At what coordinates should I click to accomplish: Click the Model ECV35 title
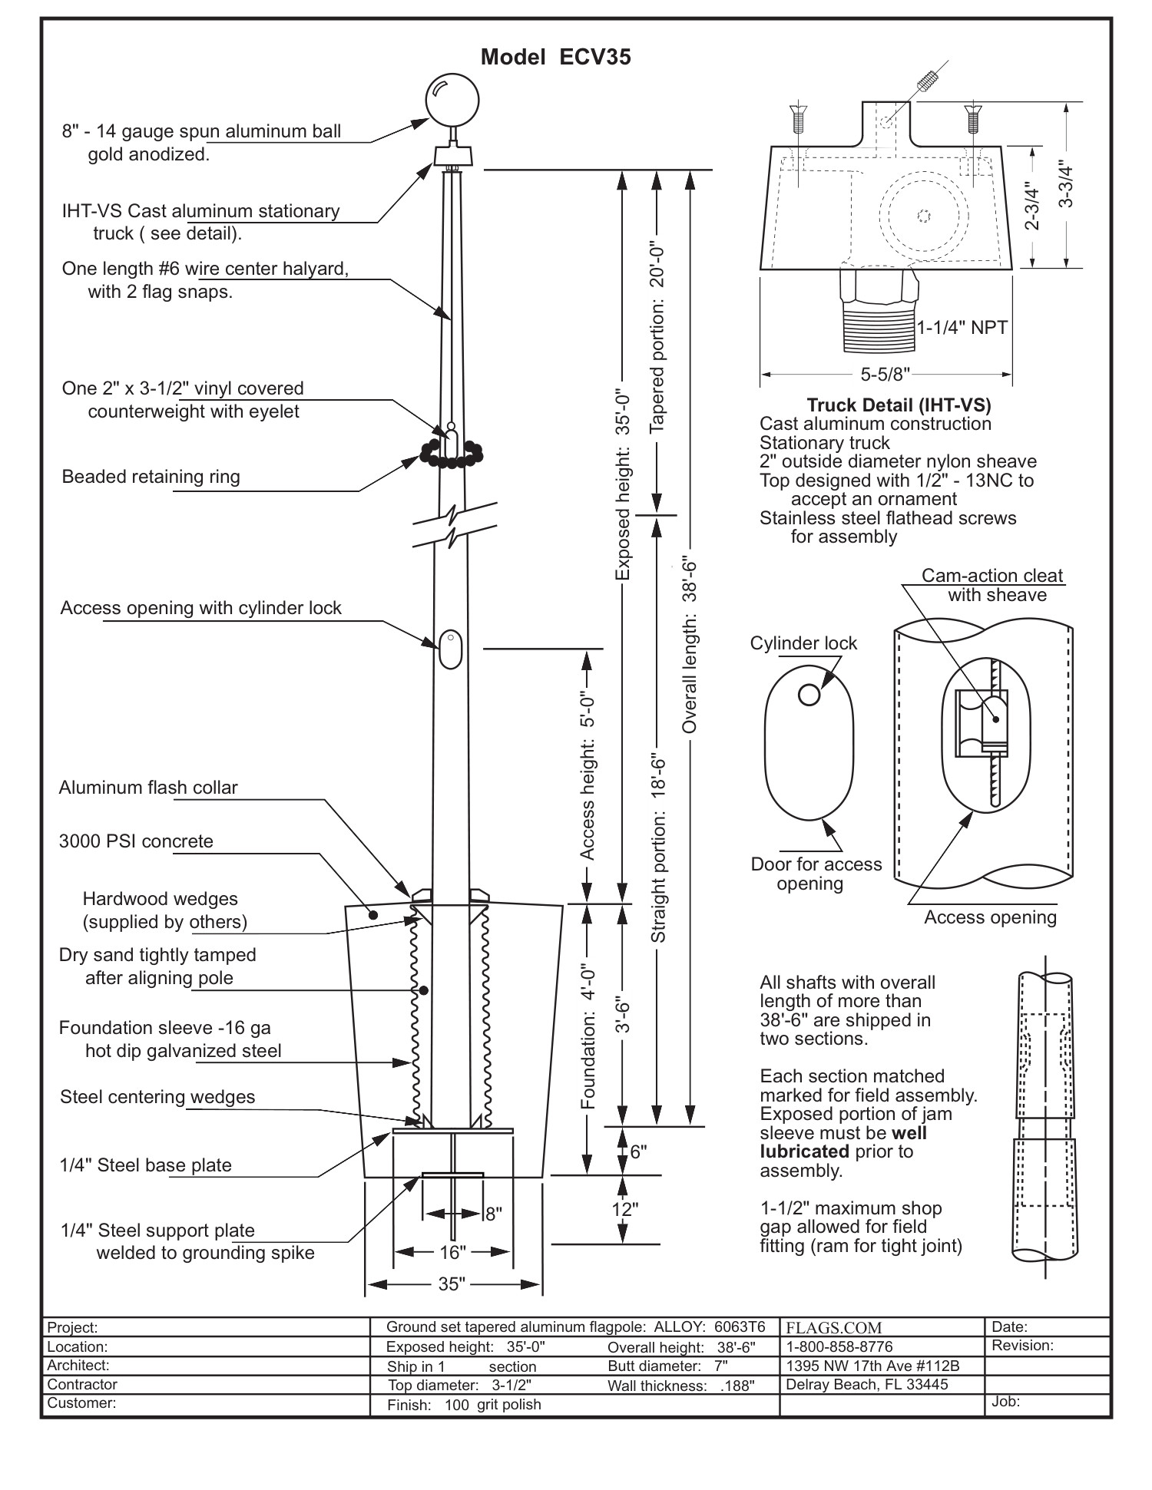(555, 58)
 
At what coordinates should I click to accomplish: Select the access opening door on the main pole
(451, 649)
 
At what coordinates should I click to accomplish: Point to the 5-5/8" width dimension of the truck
(885, 375)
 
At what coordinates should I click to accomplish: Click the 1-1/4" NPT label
(962, 328)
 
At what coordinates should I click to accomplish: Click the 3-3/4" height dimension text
(1066, 185)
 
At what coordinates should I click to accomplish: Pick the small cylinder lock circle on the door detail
(808, 695)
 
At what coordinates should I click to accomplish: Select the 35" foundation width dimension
(452, 1284)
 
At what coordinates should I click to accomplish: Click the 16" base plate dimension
(452, 1252)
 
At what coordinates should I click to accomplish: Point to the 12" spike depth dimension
(624, 1210)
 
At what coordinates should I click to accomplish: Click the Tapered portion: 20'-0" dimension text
(657, 341)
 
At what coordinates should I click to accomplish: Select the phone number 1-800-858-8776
(839, 1346)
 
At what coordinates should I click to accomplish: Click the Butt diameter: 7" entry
(667, 1366)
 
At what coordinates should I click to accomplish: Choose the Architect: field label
(78, 1365)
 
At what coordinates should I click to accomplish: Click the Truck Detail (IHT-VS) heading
(898, 405)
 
